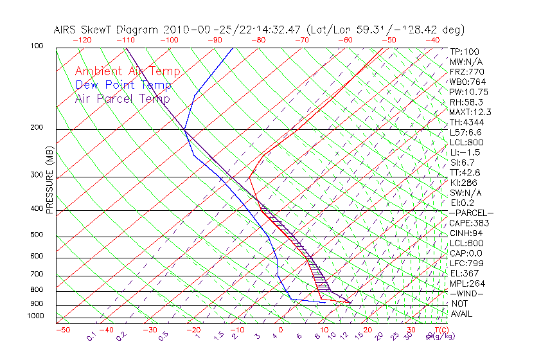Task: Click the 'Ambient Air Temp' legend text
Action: coord(127,71)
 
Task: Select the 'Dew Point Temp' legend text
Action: coord(123,85)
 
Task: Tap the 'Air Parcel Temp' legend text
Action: coord(122,98)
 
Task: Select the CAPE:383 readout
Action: coord(469,223)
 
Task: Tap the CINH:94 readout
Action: coord(466,233)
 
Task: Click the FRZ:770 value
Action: coord(466,71)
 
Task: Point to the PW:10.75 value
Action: coord(469,92)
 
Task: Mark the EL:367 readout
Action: coord(465,273)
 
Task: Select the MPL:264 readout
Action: coord(466,283)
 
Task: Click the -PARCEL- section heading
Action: coord(471,213)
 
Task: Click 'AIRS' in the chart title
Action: coord(66,30)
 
